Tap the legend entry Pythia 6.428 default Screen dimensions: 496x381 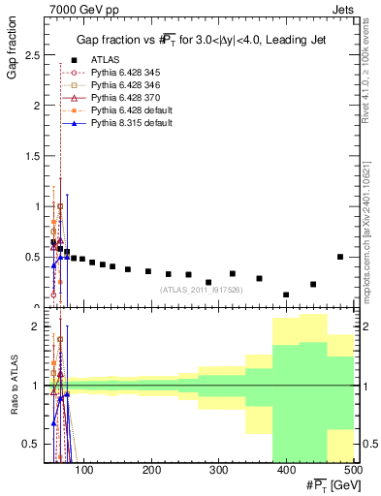click(130, 111)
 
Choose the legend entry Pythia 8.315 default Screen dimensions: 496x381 click(129, 124)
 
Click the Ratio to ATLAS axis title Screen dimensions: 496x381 click(14, 387)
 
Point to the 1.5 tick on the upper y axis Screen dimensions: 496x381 click(35, 155)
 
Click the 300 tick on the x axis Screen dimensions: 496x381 click(218, 471)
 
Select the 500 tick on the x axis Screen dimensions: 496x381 click(353, 471)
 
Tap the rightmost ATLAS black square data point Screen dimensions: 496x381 click(340, 257)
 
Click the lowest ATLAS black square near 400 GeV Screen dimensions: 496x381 click(286, 294)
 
